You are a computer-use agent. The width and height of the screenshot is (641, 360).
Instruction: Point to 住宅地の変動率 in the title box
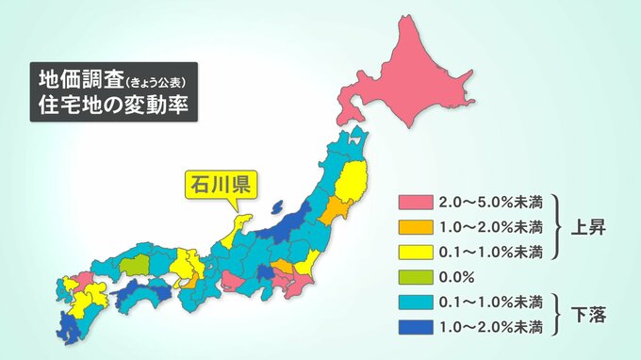coord(107,106)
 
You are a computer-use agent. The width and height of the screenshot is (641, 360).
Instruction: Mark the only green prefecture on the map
coord(136,266)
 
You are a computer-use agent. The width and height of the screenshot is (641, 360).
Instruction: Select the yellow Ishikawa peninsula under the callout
coord(241,226)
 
